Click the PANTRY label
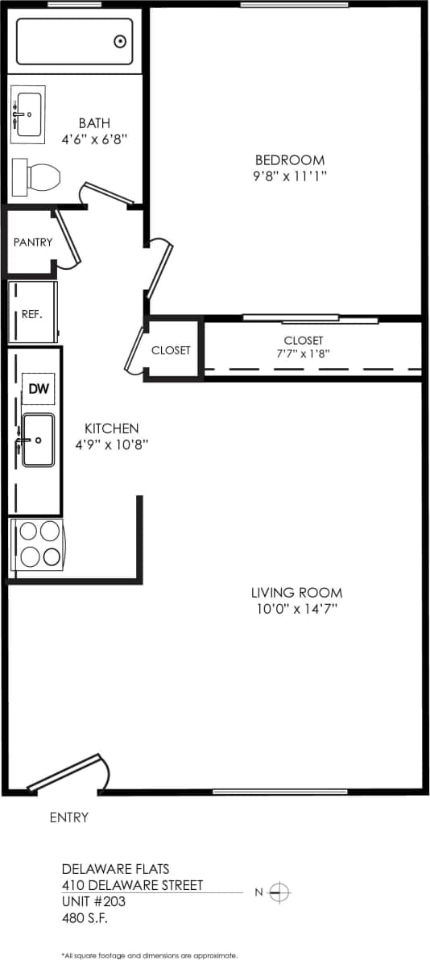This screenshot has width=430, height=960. pyautogui.click(x=33, y=242)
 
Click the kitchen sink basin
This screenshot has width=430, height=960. pyautogui.click(x=38, y=440)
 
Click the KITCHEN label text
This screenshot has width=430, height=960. pyautogui.click(x=112, y=428)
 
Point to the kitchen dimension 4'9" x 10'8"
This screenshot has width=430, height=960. pyautogui.click(x=112, y=444)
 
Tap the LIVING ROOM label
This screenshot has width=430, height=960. pyautogui.click(x=296, y=593)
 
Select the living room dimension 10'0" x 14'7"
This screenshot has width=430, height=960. pyautogui.click(x=296, y=609)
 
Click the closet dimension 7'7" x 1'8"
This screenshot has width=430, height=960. pyautogui.click(x=303, y=354)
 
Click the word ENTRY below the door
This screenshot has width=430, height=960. pyautogui.click(x=69, y=817)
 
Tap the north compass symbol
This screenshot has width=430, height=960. pyautogui.click(x=279, y=892)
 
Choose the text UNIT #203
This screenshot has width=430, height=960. pyautogui.click(x=93, y=901)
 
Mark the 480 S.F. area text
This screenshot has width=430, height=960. pyautogui.click(x=85, y=917)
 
